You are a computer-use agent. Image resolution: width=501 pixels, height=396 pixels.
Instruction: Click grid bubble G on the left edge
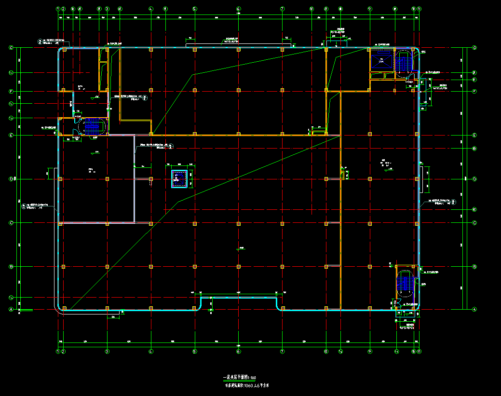pos(11,48)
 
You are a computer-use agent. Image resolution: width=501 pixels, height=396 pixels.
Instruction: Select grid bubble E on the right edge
pos(474,135)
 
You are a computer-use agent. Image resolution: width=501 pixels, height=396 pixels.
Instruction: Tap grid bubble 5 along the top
pos(194,9)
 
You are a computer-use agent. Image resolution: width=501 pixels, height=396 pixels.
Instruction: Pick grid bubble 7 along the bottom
pos(282,352)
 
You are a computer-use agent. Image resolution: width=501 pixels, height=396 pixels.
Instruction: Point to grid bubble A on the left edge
pos(11,310)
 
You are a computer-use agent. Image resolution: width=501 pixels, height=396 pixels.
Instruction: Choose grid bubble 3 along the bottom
pos(107,352)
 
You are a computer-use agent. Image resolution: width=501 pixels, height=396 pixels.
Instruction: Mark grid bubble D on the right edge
pos(474,179)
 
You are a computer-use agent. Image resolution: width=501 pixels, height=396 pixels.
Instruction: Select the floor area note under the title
pos(246,385)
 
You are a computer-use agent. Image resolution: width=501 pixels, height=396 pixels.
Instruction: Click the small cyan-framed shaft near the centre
pos(179,179)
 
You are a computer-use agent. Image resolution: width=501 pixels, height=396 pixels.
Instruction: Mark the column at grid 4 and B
pos(151,267)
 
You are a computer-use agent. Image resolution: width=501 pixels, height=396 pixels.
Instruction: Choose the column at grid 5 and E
pos(194,134)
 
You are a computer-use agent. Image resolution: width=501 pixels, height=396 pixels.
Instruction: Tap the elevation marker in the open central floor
pos(240,249)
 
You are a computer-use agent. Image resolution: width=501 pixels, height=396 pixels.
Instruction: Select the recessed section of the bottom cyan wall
pos(239,298)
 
